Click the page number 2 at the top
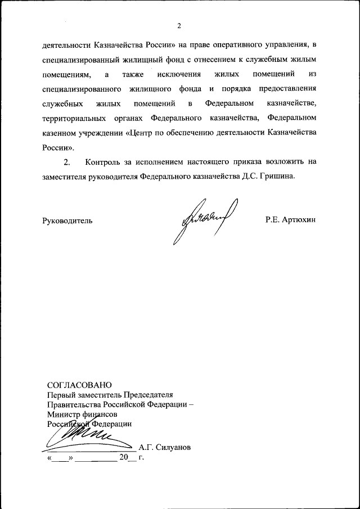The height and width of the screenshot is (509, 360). pos(179,25)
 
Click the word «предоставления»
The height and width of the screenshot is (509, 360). pos(287,89)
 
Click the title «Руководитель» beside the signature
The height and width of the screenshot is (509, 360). pos(67,220)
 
